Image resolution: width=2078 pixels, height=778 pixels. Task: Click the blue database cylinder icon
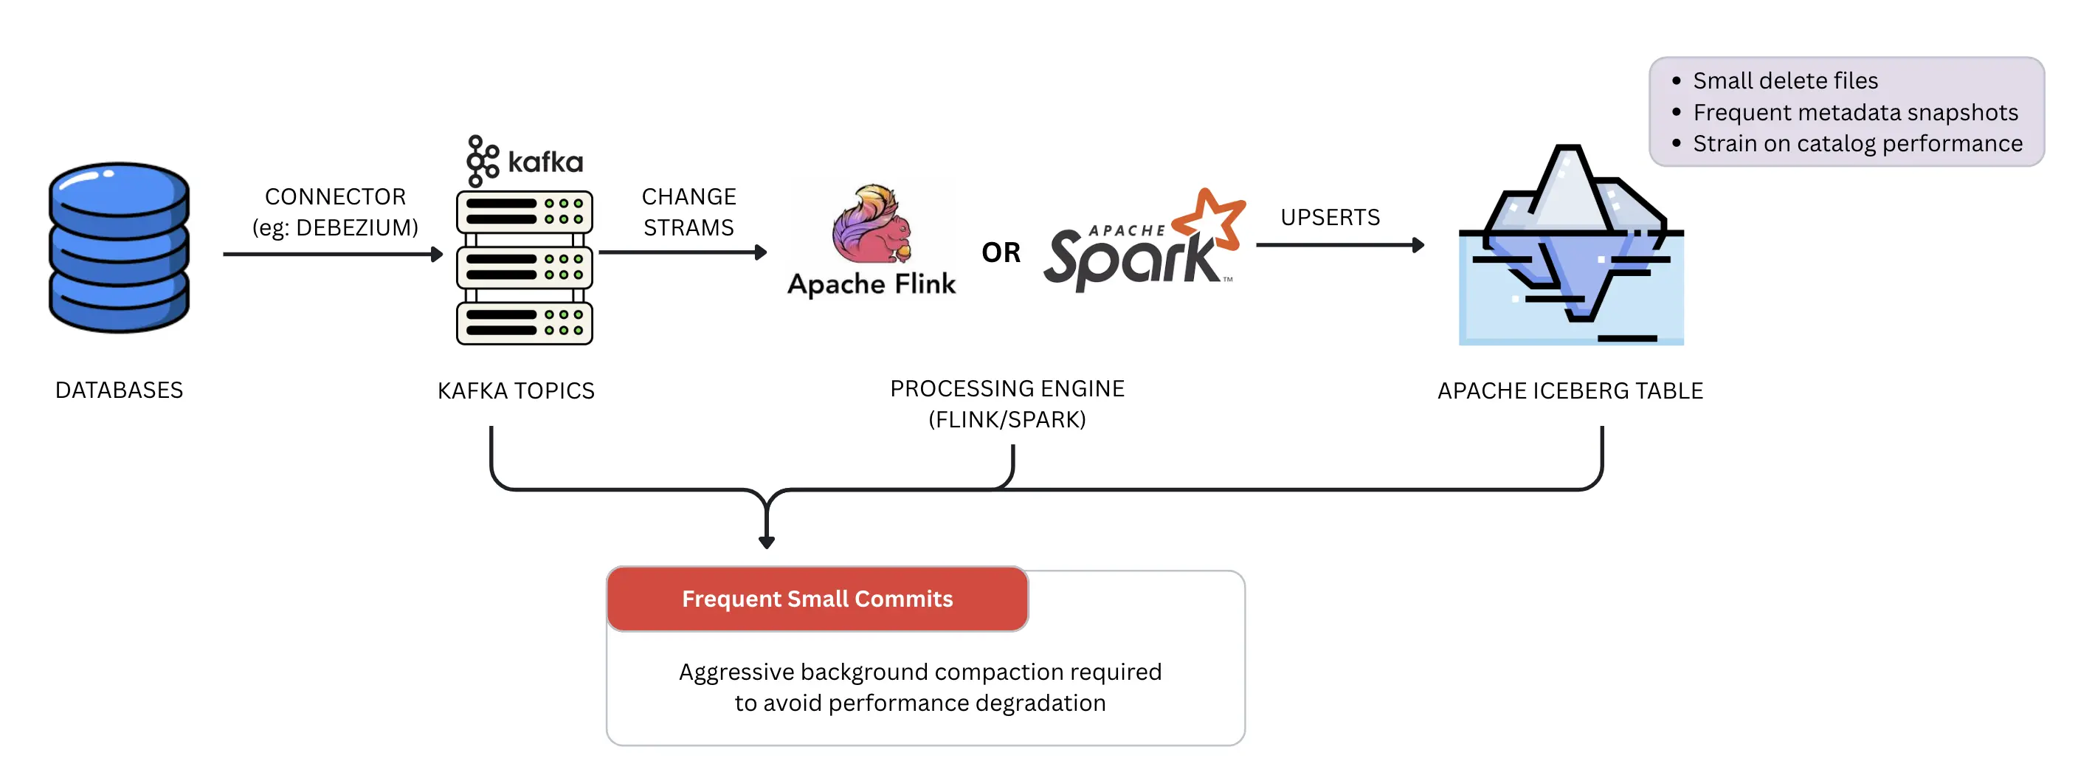pyautogui.click(x=119, y=247)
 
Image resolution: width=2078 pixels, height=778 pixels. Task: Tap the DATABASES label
pyautogui.click(x=119, y=390)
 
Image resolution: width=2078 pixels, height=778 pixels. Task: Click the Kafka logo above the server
pyautogui.click(x=525, y=162)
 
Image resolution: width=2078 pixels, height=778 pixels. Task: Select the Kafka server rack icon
pyautogui.click(x=525, y=268)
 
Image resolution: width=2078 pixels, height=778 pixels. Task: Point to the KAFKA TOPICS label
pyautogui.click(x=517, y=391)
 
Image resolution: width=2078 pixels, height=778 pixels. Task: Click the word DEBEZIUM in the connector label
pyautogui.click(x=356, y=228)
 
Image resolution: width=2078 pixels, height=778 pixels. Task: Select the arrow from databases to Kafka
pyautogui.click(x=333, y=254)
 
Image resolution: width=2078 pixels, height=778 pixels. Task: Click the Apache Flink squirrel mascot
pyautogui.click(x=872, y=224)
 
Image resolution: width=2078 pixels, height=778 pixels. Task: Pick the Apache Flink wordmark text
pyautogui.click(x=872, y=285)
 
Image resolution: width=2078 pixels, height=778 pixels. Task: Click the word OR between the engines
pyautogui.click(x=1001, y=252)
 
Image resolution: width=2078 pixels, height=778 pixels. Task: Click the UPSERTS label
pyautogui.click(x=1330, y=218)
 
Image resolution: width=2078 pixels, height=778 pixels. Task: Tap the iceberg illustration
pyautogui.click(x=1571, y=244)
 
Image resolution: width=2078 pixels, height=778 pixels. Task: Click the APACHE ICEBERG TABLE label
pyautogui.click(x=1570, y=391)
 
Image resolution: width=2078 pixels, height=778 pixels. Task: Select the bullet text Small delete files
pyautogui.click(x=1785, y=80)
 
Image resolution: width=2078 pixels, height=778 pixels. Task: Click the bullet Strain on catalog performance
pyautogui.click(x=1858, y=144)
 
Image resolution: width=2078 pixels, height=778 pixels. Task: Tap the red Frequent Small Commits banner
pyautogui.click(x=817, y=599)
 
